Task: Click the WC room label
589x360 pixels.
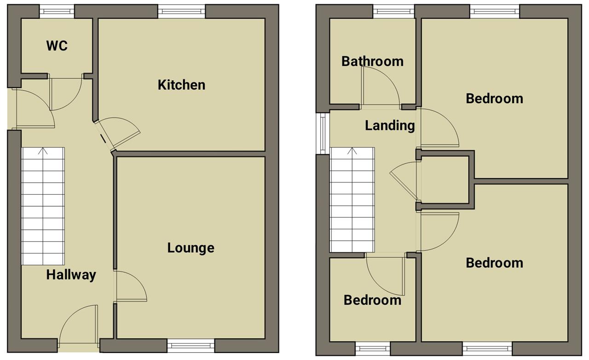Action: tap(57, 46)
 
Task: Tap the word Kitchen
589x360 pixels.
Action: tap(181, 85)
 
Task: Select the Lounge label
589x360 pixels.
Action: tap(191, 248)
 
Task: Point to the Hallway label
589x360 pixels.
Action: tap(71, 275)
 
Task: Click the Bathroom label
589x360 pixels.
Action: tap(372, 62)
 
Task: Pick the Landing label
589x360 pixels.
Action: tap(390, 126)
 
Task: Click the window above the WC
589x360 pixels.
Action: tap(57, 12)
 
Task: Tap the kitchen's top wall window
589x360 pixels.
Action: tap(181, 12)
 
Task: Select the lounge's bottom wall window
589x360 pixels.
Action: tap(191, 346)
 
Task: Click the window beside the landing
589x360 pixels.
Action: tap(323, 134)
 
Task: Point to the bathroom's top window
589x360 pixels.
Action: tap(393, 12)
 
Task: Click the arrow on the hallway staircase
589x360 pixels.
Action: tap(43, 151)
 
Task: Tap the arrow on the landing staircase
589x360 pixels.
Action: tap(352, 151)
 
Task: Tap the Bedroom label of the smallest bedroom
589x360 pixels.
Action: tap(372, 300)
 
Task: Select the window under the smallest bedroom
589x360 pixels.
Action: tap(373, 348)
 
